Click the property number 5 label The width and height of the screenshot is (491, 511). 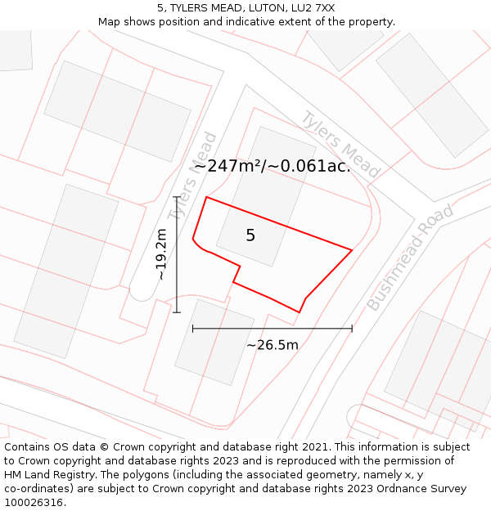[x=250, y=235]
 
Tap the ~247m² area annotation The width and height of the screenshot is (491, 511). [x=272, y=165]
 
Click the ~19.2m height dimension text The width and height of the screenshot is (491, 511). [x=161, y=254]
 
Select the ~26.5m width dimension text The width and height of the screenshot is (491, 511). [x=273, y=345]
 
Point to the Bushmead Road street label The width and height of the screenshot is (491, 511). [x=409, y=258]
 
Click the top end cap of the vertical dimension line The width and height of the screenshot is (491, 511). [x=176, y=197]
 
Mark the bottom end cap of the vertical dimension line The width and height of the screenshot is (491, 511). [x=176, y=312]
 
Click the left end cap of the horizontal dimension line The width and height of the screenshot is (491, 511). [x=193, y=329]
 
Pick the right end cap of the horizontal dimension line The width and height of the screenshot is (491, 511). [x=352, y=329]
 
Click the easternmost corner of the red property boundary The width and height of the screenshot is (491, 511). [x=352, y=250]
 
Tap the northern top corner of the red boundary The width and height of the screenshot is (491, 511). [x=207, y=197]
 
